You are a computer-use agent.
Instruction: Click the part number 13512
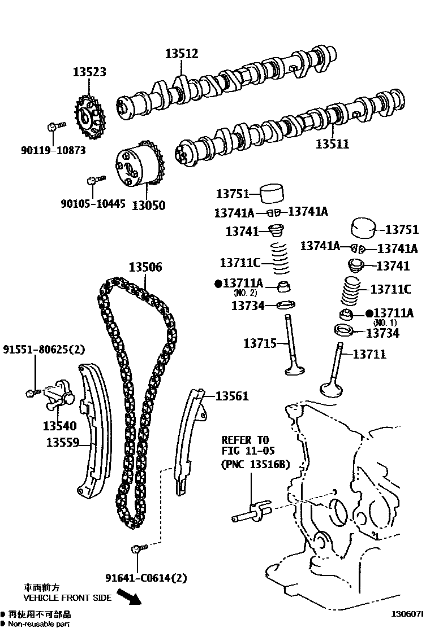point(182,54)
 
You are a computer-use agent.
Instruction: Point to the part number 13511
point(332,143)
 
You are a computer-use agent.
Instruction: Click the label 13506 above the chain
point(144,267)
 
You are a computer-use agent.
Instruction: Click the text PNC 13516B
point(255,464)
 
